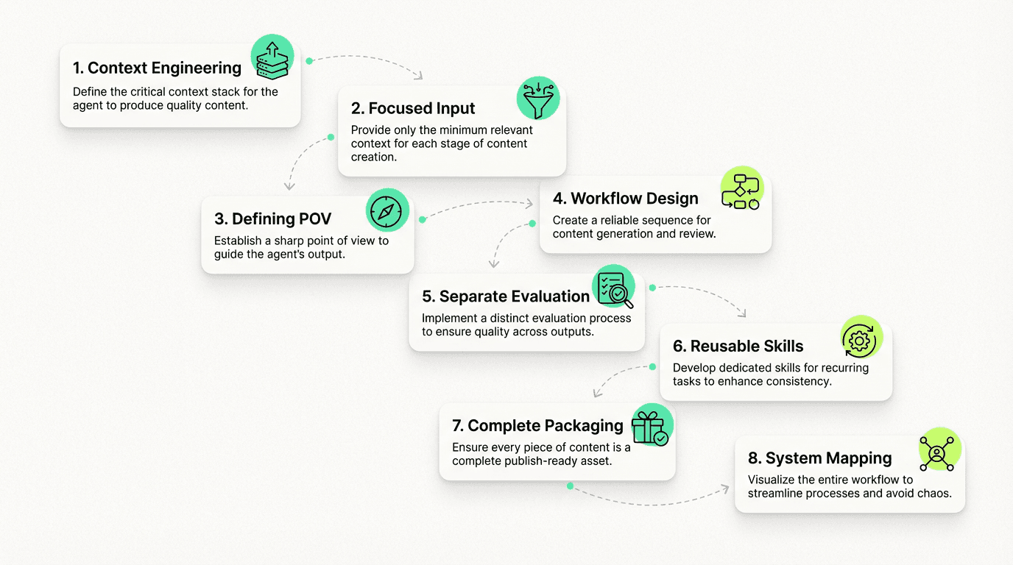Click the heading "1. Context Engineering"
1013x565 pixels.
157,68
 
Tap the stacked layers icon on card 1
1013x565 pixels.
272,57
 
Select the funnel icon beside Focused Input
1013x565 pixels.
537,98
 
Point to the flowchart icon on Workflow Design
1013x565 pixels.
741,189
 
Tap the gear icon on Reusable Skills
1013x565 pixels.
861,338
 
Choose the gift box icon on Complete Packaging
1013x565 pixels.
652,426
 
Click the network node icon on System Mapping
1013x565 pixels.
939,449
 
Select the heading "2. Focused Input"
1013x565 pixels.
413,108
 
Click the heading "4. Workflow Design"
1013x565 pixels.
625,199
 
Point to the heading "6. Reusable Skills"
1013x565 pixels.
738,346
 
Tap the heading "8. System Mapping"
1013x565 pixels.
819,458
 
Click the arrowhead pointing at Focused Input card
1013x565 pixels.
419,75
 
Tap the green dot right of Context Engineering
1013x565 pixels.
309,60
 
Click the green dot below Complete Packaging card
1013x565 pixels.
570,486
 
